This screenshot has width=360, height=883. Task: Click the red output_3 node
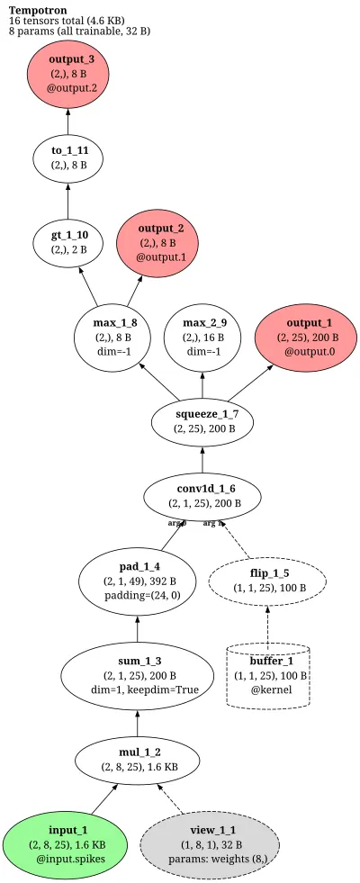(68, 73)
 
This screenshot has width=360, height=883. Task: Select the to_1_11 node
(68, 158)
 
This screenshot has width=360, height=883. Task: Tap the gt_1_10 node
(68, 241)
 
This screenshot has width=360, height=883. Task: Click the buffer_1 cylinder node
(269, 676)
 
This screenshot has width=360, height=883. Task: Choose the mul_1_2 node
(138, 761)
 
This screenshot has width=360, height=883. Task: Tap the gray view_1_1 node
(209, 844)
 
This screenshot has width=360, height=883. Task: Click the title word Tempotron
(38, 10)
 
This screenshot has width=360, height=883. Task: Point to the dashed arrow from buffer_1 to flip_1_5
(267, 626)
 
